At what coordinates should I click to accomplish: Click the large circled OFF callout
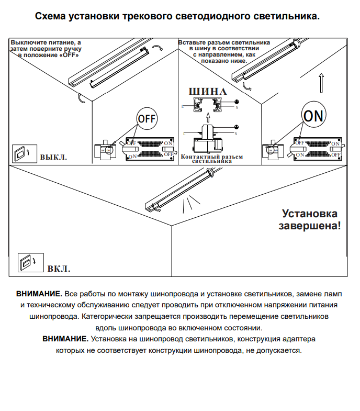click(147, 118)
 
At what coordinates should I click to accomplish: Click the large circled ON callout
click(313, 115)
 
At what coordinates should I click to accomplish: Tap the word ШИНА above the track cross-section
click(208, 91)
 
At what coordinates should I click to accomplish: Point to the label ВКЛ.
click(59, 269)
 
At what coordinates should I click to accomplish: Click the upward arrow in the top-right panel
click(321, 82)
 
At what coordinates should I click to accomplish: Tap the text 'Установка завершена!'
click(310, 220)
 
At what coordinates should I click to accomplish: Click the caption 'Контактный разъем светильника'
click(211, 159)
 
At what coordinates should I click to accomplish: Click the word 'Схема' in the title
click(51, 16)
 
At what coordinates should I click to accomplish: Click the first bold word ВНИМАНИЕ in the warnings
click(39, 294)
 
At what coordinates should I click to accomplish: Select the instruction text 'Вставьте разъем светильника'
click(224, 42)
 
